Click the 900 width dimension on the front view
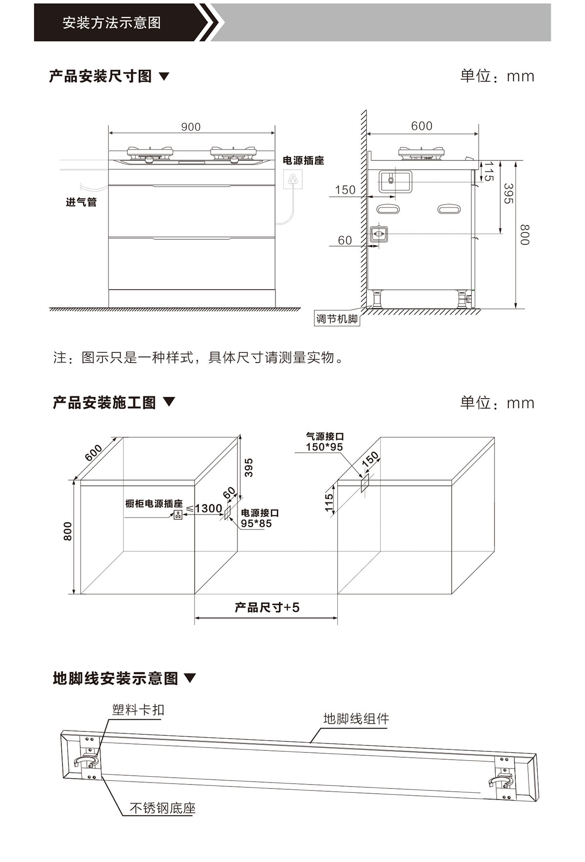(x=191, y=127)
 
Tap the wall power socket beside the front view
(x=292, y=179)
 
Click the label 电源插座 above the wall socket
(x=303, y=160)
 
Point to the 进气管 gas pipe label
(x=81, y=202)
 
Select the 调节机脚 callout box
(x=337, y=319)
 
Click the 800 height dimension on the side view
(x=524, y=234)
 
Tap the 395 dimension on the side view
(x=508, y=193)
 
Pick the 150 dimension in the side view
(x=345, y=190)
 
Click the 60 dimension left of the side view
(x=345, y=240)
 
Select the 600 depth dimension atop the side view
(x=422, y=126)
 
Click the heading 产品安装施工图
(x=104, y=402)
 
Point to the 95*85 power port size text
(x=256, y=524)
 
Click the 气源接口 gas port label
(x=325, y=437)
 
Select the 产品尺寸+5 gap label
(x=267, y=608)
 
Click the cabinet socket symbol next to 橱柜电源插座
(x=178, y=515)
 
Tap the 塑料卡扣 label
(x=138, y=709)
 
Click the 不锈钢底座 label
(x=162, y=808)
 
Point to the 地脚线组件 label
(x=356, y=719)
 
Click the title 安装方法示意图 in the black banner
(x=112, y=23)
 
